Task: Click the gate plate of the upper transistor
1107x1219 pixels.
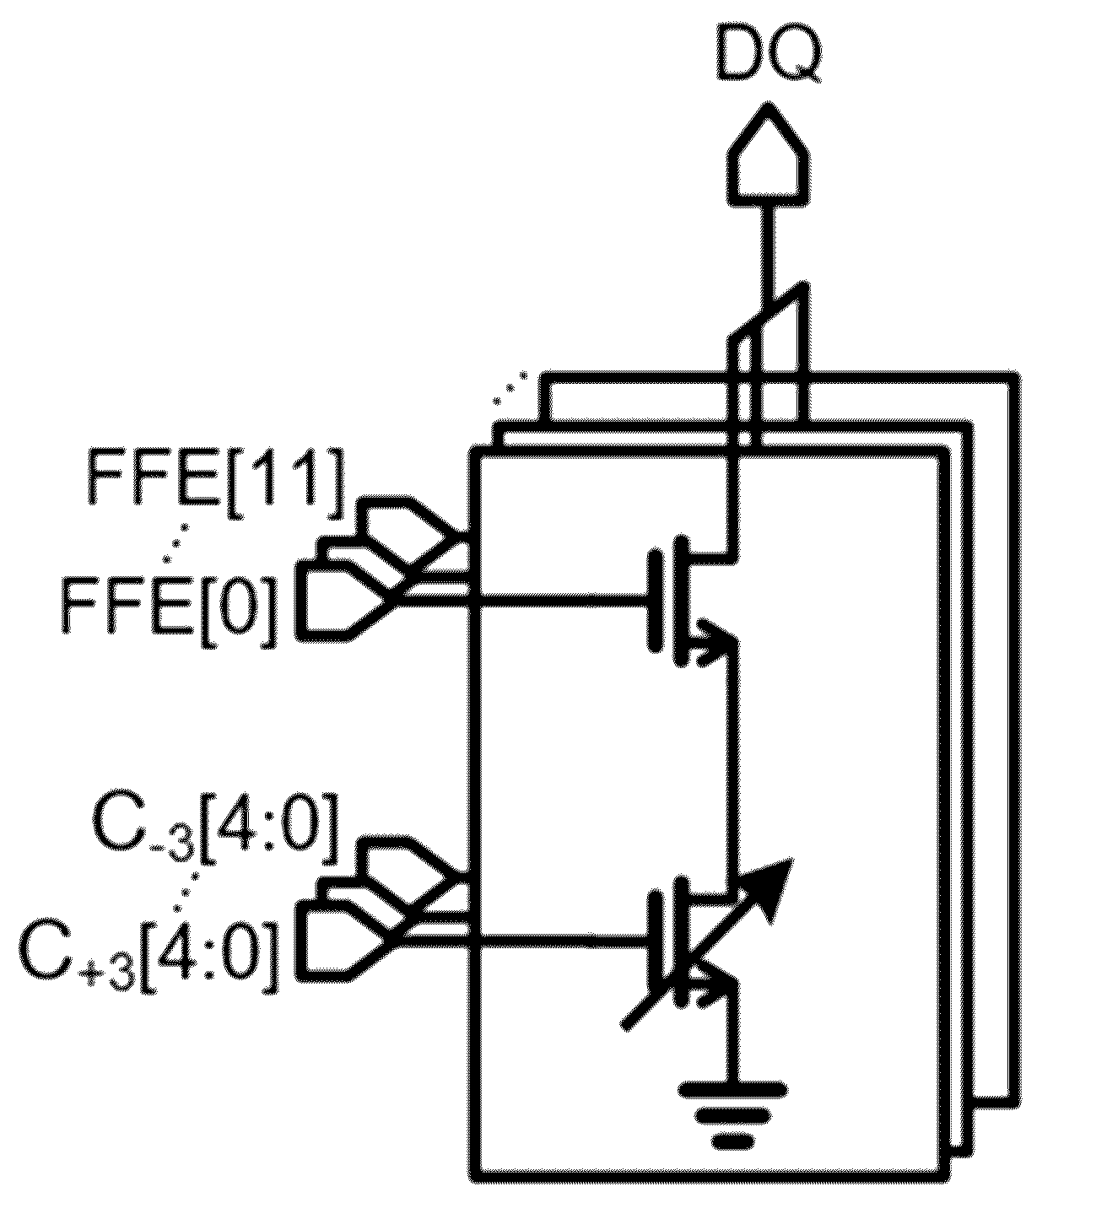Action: pyautogui.click(x=654, y=601)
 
